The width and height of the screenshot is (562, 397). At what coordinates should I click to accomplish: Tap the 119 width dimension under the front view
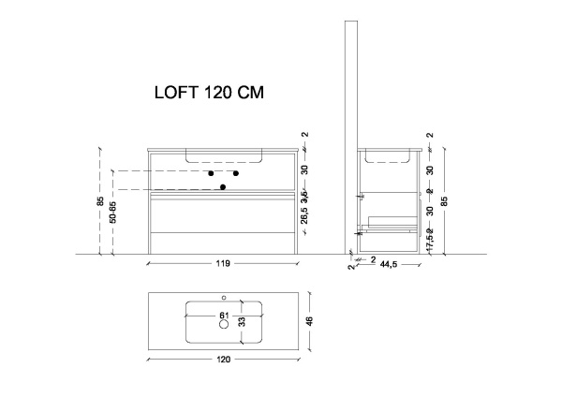click(223, 264)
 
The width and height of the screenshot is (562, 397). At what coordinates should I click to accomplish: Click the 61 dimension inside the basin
click(224, 315)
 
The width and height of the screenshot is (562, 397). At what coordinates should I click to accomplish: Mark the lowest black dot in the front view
click(223, 187)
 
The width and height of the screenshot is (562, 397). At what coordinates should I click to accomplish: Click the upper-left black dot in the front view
click(212, 174)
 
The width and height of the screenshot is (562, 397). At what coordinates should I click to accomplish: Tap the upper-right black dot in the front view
click(236, 174)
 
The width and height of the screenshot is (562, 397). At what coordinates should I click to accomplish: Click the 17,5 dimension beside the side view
click(430, 237)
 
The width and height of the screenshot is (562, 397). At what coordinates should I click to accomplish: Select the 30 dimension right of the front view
click(304, 170)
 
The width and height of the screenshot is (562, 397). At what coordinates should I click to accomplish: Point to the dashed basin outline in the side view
click(387, 156)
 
